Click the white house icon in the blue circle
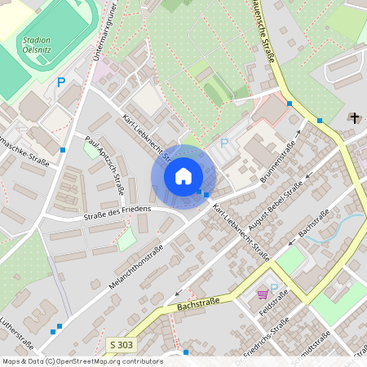pos(183,175)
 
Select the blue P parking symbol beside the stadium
pos(61,82)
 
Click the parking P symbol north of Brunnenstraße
pos(225,144)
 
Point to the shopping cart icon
pos(263,294)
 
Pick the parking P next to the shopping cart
pos(275,288)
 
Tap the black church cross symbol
pos(354,118)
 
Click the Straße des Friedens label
pos(117,210)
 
